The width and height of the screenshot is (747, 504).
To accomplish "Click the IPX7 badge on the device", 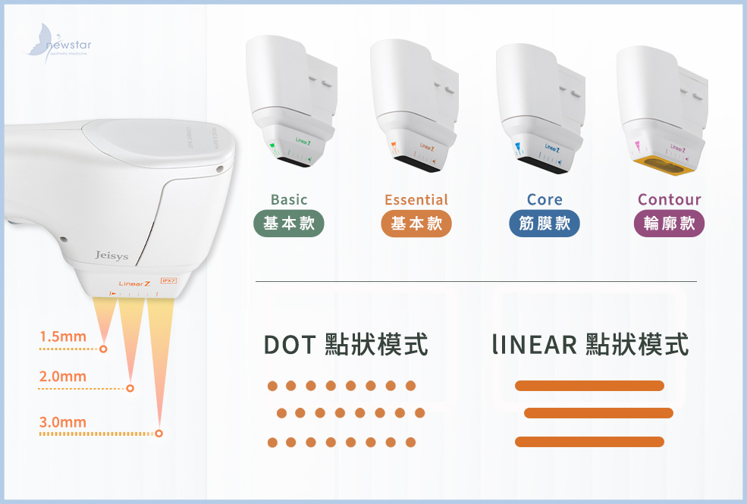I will [168, 281].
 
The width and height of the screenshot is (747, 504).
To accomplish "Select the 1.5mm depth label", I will [63, 337].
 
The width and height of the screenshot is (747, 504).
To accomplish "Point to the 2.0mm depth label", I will [63, 377].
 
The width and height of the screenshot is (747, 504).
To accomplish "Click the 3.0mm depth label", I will [63, 422].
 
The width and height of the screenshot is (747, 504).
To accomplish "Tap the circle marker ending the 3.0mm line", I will [159, 434].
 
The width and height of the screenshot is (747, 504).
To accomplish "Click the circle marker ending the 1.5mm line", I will [103, 349].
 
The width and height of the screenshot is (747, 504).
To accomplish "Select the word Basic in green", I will [289, 200].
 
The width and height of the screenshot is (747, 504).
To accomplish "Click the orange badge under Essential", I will [416, 224].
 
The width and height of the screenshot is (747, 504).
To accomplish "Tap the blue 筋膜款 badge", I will [545, 224].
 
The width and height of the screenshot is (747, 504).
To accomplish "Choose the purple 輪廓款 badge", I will [669, 224].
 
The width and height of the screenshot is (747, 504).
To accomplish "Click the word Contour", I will [669, 200].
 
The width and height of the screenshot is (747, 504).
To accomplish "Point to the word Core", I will [545, 200].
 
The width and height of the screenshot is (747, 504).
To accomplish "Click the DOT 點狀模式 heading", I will [346, 345].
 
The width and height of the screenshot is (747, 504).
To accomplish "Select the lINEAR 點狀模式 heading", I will [590, 345].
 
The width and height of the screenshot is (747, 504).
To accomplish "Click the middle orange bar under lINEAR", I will [598, 413].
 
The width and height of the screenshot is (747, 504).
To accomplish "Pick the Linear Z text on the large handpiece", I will [135, 283].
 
